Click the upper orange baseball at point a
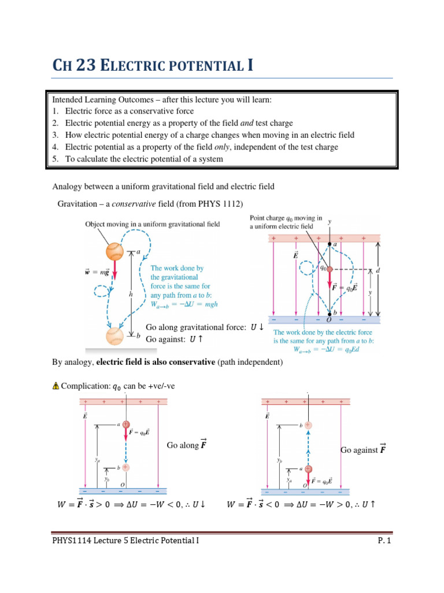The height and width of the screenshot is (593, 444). pyautogui.click(x=115, y=251)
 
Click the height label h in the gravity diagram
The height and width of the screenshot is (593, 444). pyautogui.click(x=131, y=294)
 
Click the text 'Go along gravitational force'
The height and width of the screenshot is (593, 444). pyautogui.click(x=195, y=327)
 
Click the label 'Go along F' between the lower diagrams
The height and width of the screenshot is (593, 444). pyautogui.click(x=186, y=445)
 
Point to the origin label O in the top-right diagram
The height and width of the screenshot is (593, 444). pyautogui.click(x=329, y=321)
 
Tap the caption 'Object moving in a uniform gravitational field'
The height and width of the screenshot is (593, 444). pyautogui.click(x=152, y=224)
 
